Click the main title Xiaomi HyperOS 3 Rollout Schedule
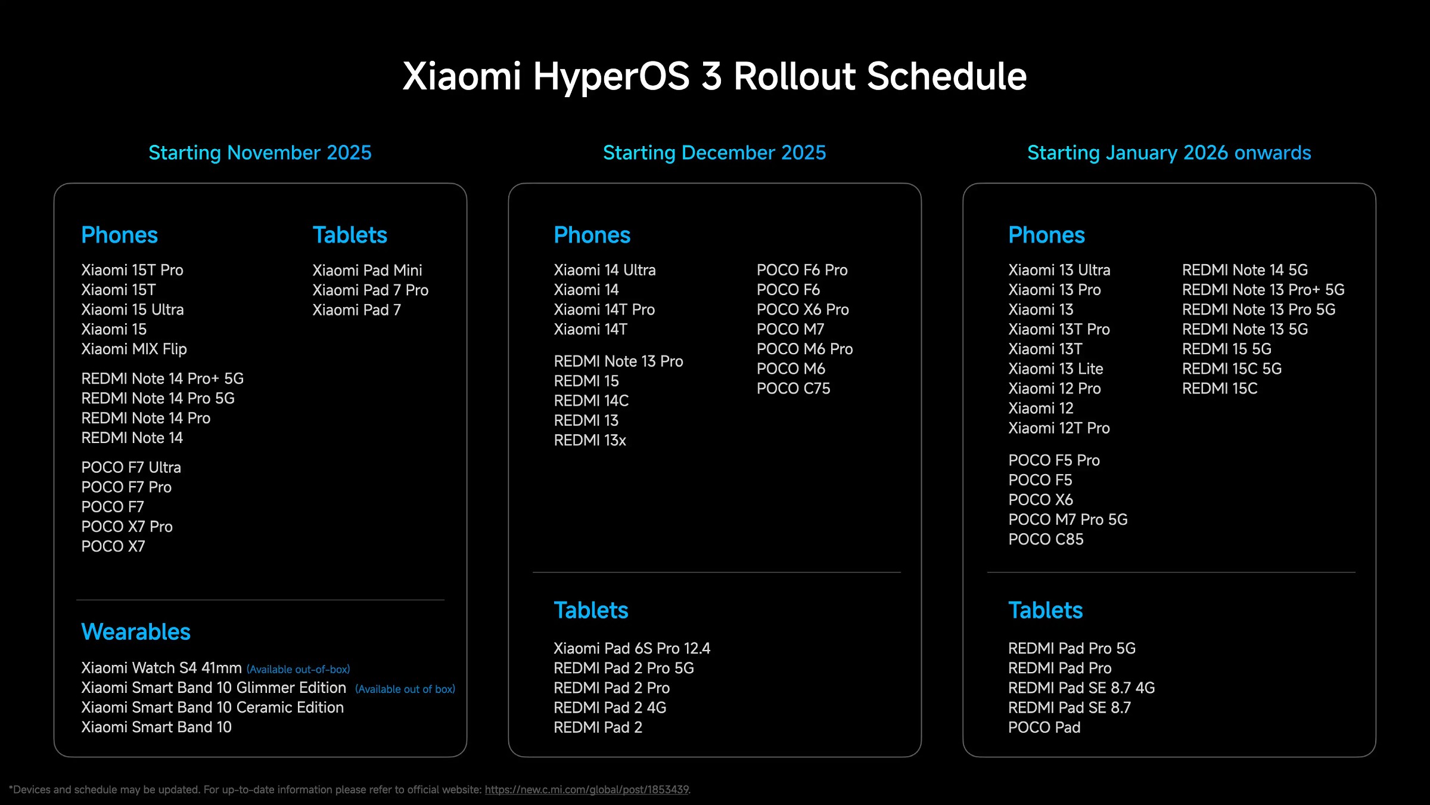tap(714, 76)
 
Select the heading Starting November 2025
tap(260, 153)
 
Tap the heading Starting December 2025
tap(714, 153)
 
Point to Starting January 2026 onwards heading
tap(1169, 153)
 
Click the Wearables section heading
tap(136, 631)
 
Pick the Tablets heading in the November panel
tap(350, 235)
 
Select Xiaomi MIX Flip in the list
tap(134, 349)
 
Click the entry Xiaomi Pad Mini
tap(367, 270)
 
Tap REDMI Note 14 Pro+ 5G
tap(162, 379)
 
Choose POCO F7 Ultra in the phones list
tap(131, 467)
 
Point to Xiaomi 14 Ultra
tap(604, 270)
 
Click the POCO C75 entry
tap(793, 389)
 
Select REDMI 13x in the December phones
tap(590, 441)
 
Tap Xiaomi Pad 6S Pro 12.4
tap(632, 648)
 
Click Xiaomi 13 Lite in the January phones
tap(1055, 369)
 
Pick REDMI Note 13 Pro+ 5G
tap(1263, 290)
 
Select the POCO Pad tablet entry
tap(1044, 727)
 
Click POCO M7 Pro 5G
tap(1068, 519)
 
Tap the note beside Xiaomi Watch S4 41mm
tap(298, 670)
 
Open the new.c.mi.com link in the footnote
tap(586, 789)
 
